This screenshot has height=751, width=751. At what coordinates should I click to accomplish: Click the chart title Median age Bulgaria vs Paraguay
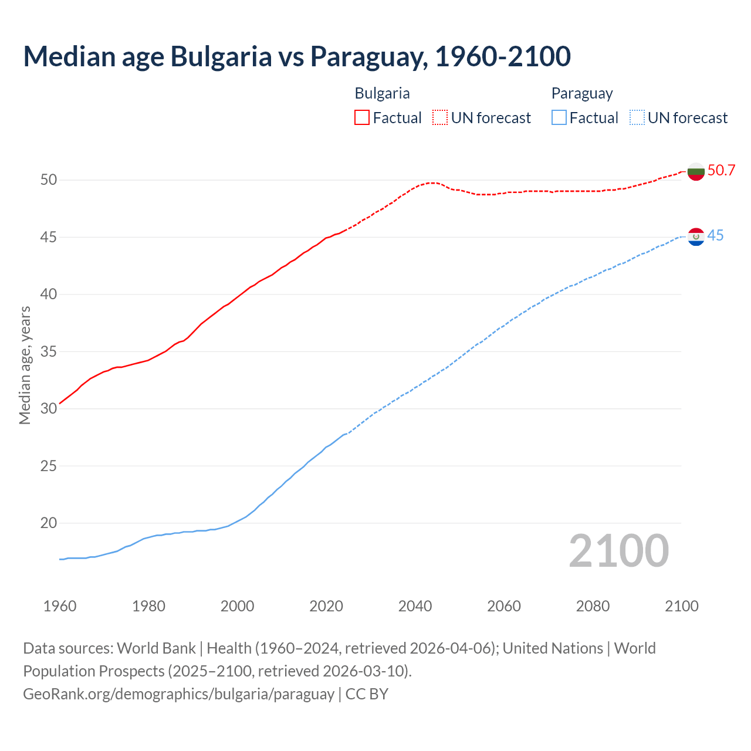coord(297,56)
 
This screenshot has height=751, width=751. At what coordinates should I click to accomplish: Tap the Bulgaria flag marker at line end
coord(696,171)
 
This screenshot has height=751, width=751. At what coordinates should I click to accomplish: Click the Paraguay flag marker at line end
coord(696,237)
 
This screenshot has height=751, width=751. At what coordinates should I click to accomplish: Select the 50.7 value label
coord(721,171)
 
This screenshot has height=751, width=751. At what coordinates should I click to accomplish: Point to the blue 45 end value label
coord(715,236)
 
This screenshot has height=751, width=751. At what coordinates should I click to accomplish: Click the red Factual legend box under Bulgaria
coord(362,117)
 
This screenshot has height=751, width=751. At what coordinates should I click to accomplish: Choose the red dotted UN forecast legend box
coord(440,117)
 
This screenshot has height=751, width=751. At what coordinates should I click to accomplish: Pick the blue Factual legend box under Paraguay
coord(559,117)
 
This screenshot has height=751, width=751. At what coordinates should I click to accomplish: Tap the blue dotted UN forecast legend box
coord(637,117)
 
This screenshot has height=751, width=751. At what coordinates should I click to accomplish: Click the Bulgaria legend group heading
coord(382,93)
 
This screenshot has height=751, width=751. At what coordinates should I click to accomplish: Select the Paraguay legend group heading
coord(581,93)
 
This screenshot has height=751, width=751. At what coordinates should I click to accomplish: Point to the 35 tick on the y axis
coord(49,352)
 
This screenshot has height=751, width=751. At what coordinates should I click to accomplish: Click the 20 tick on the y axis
coord(49,523)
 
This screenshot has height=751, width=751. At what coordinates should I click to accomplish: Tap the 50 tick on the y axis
coord(49,180)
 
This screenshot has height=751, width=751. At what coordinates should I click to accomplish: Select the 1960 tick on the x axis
coord(60,606)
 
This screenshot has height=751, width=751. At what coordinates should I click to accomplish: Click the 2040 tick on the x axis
coord(415,606)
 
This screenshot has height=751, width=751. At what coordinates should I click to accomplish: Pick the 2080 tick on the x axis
coord(593,606)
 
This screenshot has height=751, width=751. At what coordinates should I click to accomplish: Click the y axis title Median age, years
coord(25,365)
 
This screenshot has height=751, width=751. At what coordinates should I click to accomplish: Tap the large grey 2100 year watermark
coord(618,551)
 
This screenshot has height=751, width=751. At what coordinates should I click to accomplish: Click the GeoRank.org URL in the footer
coord(178,694)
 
